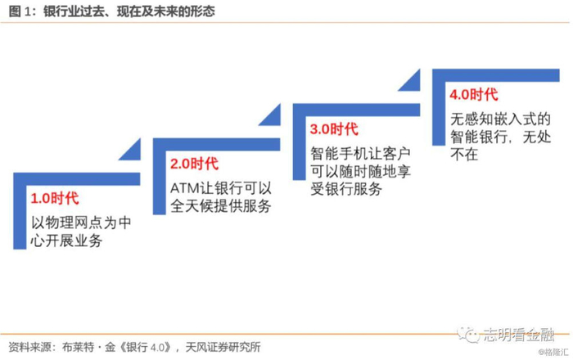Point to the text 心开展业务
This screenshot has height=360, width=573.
point(67,237)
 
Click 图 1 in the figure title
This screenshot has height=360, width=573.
point(18,11)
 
